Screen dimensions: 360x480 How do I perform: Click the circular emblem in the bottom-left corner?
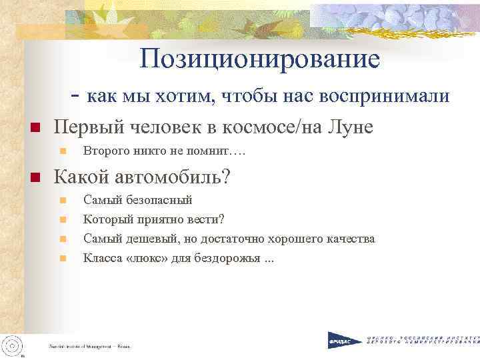tap(12, 344)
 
